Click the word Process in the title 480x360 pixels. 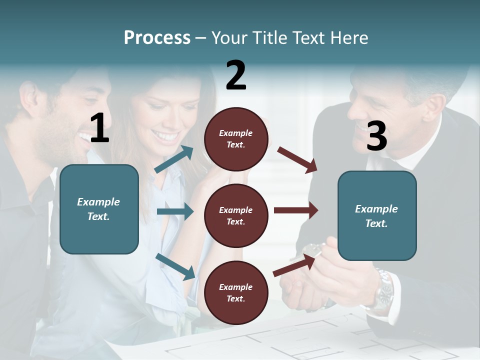(157, 38)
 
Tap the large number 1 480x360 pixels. (99, 128)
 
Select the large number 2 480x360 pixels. (236, 75)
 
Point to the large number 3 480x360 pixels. (376, 136)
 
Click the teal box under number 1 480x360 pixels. (99, 209)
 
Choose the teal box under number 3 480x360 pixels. (377, 215)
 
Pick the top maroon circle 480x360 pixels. (236, 138)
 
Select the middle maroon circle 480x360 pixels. (236, 215)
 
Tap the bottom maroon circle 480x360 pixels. (236, 292)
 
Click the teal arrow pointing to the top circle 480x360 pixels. (174, 159)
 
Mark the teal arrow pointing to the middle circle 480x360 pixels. (175, 211)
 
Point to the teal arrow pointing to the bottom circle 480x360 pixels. (175, 266)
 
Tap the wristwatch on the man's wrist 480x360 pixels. (384, 290)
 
